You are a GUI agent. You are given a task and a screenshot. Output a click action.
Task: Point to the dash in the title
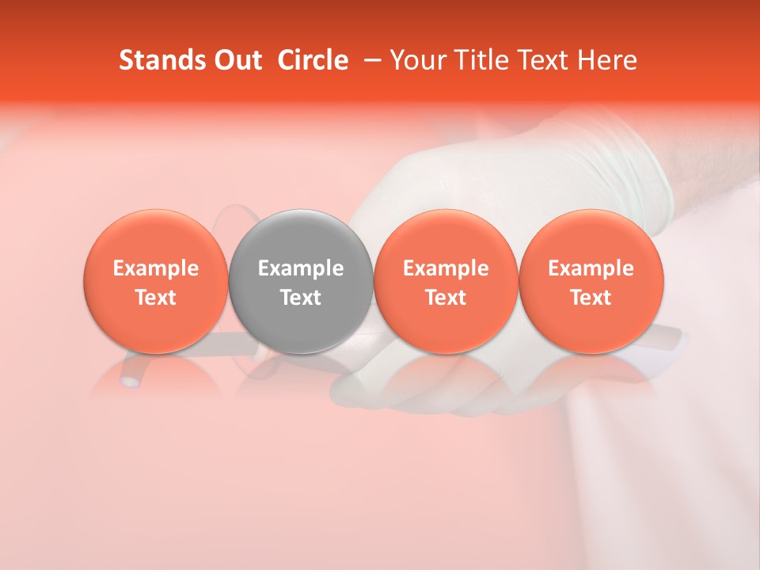tap(369, 60)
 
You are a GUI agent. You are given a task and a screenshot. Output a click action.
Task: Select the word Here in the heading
tap(609, 60)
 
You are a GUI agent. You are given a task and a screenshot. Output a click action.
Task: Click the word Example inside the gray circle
tap(301, 268)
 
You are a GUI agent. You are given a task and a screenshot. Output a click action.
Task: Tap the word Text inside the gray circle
tap(301, 298)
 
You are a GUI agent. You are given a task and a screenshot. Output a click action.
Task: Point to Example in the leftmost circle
tap(155, 268)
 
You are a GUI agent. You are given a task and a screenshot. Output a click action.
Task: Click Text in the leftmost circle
tap(155, 298)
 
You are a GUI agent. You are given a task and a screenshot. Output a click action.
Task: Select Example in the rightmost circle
tap(591, 268)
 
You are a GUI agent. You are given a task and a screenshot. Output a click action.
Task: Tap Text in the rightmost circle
tap(591, 298)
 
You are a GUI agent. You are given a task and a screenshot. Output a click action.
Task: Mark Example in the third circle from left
tap(446, 268)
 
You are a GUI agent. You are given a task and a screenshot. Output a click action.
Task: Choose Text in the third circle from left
tap(446, 298)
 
